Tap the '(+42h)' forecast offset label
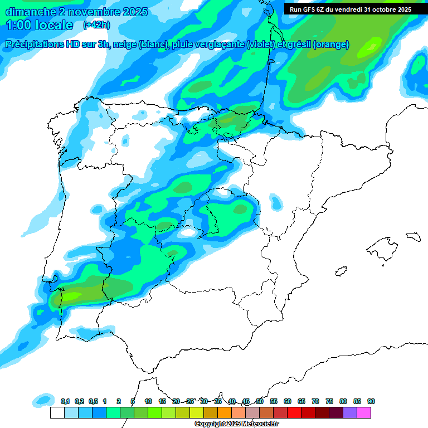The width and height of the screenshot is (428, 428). coord(96,25)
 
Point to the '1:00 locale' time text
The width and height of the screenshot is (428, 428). coord(40,25)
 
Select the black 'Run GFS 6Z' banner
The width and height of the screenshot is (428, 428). coord(350,9)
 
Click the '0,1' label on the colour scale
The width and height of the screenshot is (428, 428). coord(65,401)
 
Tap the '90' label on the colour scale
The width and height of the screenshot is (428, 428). coord(371,401)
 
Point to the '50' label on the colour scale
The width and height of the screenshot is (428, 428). coord(260,401)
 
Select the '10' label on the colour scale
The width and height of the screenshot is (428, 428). coord(148,401)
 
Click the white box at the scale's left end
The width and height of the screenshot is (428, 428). coord(57,413)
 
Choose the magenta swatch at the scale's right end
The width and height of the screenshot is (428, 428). coord(364,413)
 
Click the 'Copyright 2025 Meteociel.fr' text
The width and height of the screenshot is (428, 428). coord(237,424)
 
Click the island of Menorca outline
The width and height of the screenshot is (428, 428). coord(413,237)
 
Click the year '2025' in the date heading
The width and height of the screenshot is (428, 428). coord(134,11)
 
